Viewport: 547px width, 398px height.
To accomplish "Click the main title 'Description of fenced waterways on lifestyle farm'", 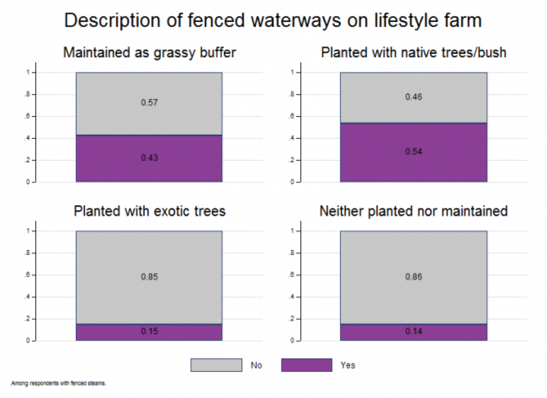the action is pos(273,20).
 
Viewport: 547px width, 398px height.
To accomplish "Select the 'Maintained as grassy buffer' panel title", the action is pos(150,53).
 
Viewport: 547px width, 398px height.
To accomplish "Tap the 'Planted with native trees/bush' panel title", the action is pos(413,53).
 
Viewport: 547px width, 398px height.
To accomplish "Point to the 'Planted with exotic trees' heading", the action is pos(150,211).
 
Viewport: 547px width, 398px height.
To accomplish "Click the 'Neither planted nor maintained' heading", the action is pos(413,211).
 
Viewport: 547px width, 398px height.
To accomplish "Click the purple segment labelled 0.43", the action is pos(149,158).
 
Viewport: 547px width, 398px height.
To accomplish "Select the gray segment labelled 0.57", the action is pos(149,104).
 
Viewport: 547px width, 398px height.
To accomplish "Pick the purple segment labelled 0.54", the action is pos(413,152).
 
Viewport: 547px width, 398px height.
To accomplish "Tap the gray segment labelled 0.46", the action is pos(413,98).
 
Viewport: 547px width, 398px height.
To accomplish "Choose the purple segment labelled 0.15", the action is pos(149,332).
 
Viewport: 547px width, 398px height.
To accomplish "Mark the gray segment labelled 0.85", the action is pos(149,277).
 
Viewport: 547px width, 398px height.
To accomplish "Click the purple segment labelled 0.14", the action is pos(413,332).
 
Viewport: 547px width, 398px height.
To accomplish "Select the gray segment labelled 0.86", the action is pos(413,278).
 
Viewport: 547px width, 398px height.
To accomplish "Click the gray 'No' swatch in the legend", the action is pos(216,365).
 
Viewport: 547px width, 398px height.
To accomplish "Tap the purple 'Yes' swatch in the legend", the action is pos(307,365).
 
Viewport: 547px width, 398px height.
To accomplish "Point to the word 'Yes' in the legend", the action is pos(348,365).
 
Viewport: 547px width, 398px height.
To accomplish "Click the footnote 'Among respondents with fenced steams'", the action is pos(58,384).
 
